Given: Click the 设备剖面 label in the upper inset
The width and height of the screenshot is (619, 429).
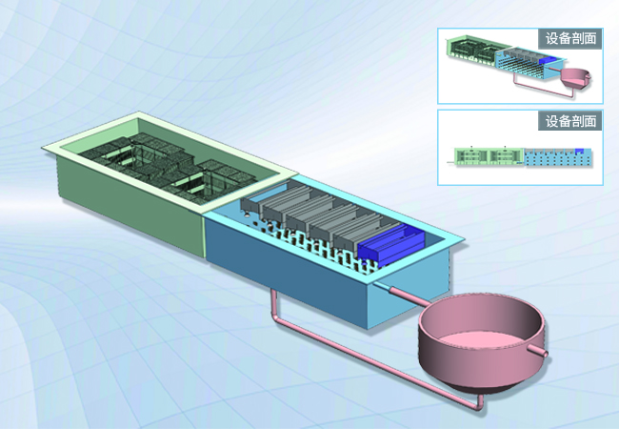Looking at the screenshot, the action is pyautogui.click(x=570, y=38).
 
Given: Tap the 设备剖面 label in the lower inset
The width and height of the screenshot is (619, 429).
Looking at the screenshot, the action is pyautogui.click(x=570, y=121).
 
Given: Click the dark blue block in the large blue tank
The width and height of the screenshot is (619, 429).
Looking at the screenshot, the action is pyautogui.click(x=390, y=245).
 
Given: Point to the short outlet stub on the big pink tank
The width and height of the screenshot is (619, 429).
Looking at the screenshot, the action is pyautogui.click(x=537, y=350).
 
